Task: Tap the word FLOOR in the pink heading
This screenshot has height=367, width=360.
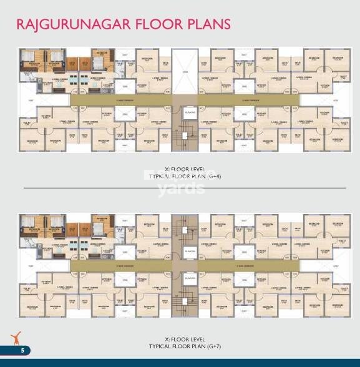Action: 155,24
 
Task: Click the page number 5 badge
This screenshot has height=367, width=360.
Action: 21,350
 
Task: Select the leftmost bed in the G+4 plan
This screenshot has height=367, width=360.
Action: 31,62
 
